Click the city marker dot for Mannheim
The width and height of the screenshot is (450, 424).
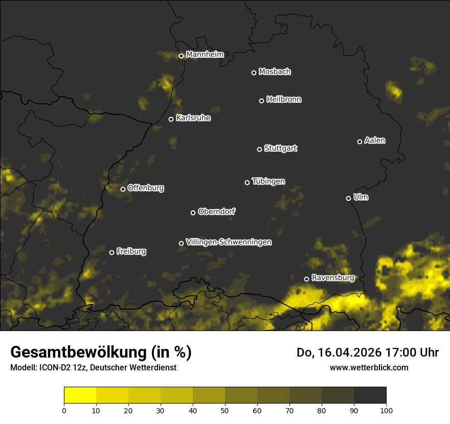coord(181,56)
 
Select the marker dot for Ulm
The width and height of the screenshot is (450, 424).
coord(348,198)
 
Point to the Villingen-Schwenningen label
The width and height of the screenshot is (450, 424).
coord(229,242)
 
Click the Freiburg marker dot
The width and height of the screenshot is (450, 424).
coord(111,252)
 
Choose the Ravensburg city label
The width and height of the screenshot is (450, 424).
coord(332,278)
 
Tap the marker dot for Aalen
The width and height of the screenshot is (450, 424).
coord(359,142)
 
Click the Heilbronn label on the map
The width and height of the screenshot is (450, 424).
coord(284,100)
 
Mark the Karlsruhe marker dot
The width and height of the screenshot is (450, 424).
coord(171,120)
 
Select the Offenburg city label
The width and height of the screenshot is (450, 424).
coord(146,188)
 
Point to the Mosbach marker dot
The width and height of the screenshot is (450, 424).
coord(254,73)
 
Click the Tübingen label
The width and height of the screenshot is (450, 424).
coord(268,181)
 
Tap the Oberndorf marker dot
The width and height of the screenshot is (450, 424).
coord(193,213)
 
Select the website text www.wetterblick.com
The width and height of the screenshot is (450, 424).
coord(369,367)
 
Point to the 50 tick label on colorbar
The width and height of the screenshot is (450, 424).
coord(225,410)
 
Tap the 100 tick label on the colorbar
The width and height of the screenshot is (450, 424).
coord(386,410)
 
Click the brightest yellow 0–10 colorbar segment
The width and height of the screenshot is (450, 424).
coord(80,395)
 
